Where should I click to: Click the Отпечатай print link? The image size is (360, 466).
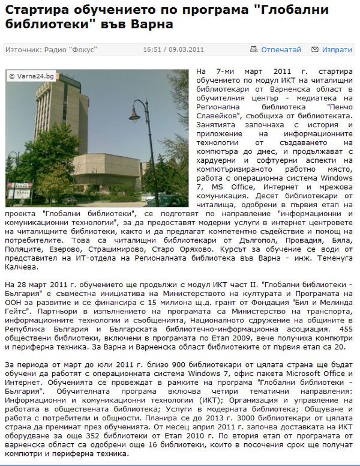[281, 50]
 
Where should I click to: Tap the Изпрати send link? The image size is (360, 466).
[337, 50]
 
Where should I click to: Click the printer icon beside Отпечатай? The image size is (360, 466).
[254, 50]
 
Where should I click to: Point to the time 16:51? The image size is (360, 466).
[152, 50]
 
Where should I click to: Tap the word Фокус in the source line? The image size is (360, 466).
[83, 50]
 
